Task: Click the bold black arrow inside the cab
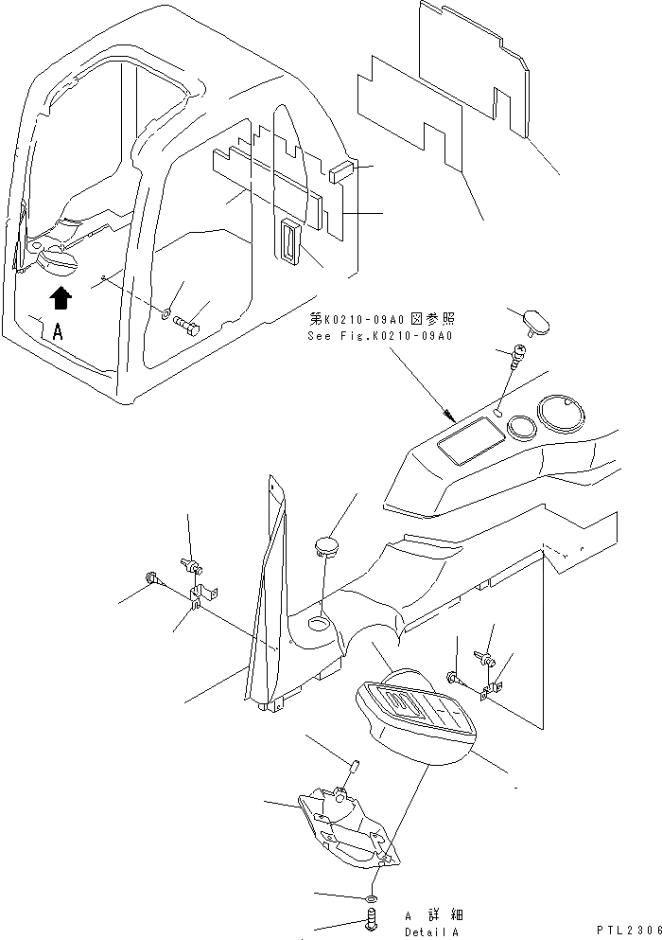[x=61, y=298]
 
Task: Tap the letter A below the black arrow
[x=59, y=331]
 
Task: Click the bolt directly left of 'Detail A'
[x=370, y=918]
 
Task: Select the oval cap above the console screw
[x=530, y=322]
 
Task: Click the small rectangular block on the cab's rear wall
[x=340, y=171]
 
